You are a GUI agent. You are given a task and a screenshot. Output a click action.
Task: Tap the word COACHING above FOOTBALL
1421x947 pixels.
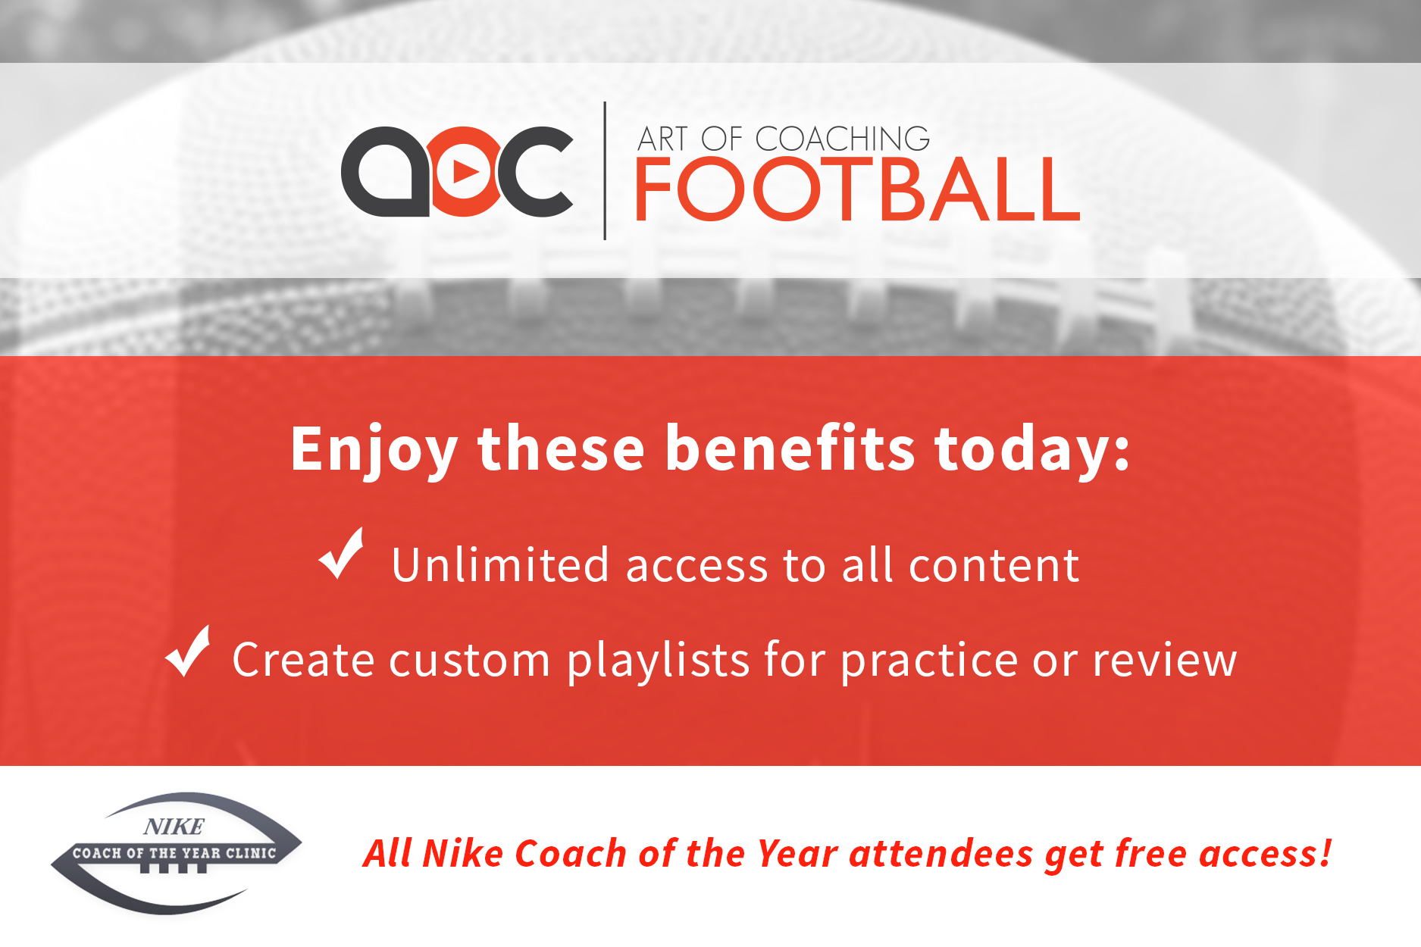pos(843,139)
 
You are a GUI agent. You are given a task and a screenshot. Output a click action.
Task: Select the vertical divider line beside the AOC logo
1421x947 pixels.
pos(605,170)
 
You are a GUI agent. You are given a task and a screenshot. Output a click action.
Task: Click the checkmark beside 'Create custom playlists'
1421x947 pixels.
pos(187,651)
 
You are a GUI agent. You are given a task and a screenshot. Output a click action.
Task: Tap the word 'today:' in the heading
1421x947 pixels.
pos(1032,449)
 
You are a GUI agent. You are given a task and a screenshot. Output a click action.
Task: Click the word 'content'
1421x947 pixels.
pos(994,565)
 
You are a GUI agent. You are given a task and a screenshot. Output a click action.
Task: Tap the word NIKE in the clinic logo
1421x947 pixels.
pos(174,827)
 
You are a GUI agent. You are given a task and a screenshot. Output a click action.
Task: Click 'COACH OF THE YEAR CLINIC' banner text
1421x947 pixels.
pos(174,853)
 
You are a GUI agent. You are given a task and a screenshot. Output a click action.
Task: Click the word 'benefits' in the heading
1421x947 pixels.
pos(790,449)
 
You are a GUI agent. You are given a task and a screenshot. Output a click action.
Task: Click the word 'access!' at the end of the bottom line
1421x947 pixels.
pos(1266,853)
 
